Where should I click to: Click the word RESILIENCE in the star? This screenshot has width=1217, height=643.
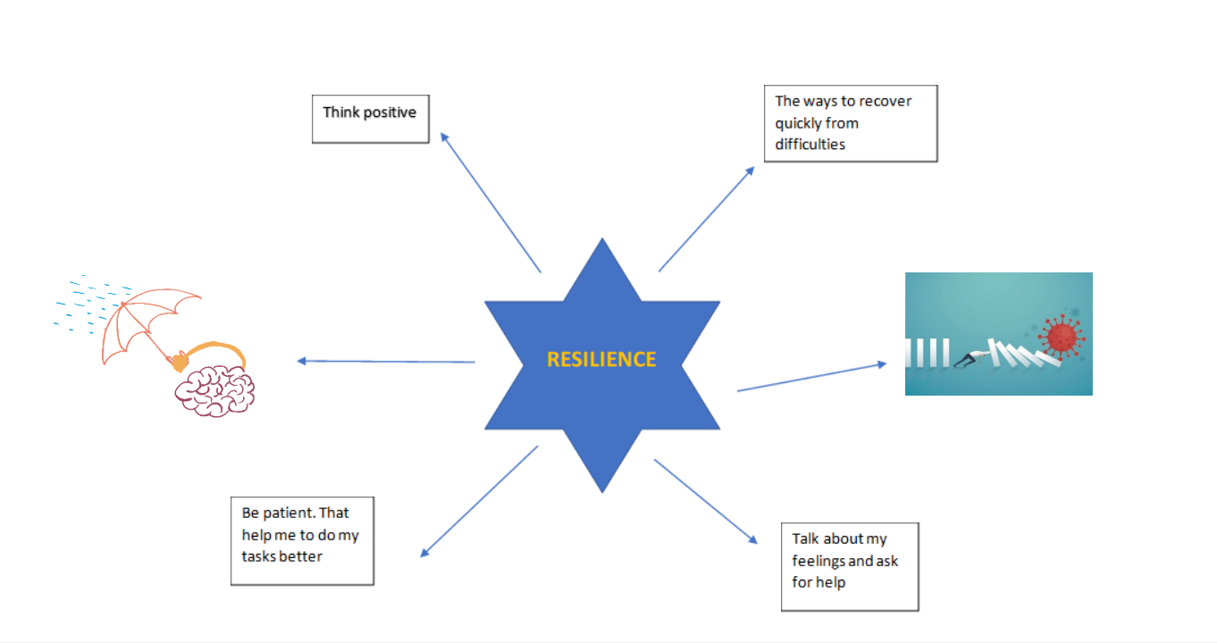601,359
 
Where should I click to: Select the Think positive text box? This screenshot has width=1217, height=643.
370,119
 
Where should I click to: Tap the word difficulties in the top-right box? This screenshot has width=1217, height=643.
810,144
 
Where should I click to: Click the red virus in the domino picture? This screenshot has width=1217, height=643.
1062,337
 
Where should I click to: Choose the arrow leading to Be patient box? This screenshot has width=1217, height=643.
479,501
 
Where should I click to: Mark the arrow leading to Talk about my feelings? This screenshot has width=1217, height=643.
706,501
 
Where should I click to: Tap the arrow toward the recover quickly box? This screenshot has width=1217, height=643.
706,219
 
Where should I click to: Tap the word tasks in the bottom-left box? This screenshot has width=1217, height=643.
260,556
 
